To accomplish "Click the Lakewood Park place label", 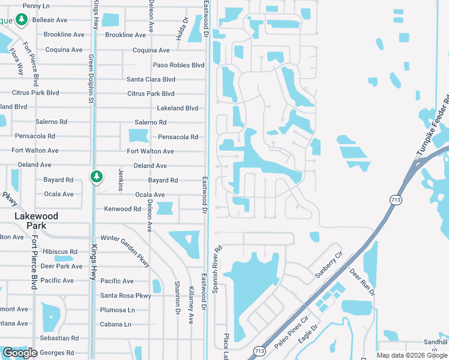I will click(x=37, y=220).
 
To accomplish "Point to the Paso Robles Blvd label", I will click(x=179, y=65).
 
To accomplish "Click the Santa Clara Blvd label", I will click(x=151, y=79).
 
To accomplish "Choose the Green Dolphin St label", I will click(x=92, y=79).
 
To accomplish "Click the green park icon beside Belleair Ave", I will click(x=22, y=20).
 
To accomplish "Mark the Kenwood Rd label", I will click(x=122, y=209).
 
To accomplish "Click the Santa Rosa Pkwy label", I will click(x=125, y=295).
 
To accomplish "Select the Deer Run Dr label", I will click(x=361, y=283).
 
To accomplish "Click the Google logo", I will click(x=20, y=353).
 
